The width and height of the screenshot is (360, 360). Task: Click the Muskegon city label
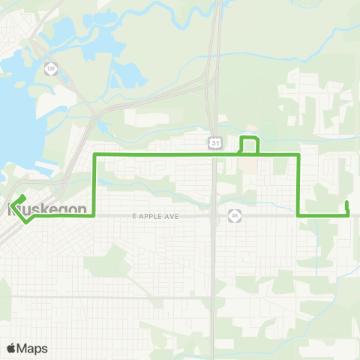point(46,208)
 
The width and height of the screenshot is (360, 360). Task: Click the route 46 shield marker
point(235,216)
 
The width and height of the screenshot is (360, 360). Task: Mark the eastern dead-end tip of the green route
point(346,202)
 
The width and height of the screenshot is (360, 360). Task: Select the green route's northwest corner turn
point(94,154)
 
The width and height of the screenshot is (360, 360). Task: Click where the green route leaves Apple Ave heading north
point(94,215)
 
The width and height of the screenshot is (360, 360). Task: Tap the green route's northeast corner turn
point(299,154)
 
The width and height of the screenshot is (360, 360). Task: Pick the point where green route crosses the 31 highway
point(214,154)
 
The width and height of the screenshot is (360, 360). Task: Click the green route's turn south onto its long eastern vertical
point(299,154)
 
